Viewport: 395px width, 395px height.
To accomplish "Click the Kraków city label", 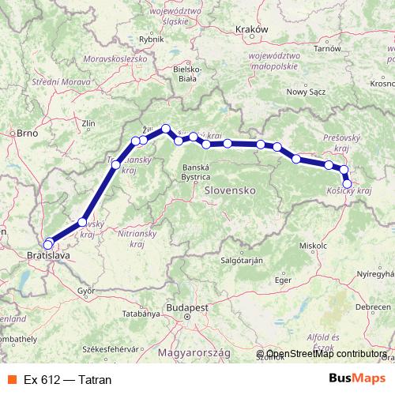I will pos(253,28).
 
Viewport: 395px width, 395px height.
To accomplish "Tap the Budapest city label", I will pos(186,307).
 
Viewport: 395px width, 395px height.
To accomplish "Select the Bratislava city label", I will pos(48,257).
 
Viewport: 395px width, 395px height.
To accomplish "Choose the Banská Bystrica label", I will pos(195,172).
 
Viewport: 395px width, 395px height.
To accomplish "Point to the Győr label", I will pos(86,291).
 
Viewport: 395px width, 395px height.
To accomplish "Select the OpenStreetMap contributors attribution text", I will pos(325,355).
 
